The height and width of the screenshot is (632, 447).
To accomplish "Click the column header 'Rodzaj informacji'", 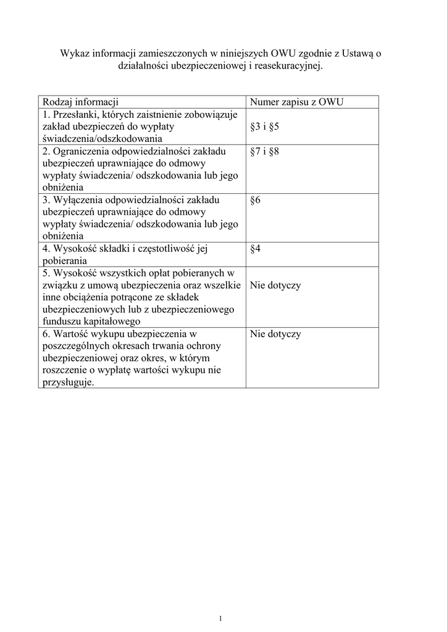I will click(80, 102).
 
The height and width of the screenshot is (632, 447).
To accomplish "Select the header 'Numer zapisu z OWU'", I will click(296, 102).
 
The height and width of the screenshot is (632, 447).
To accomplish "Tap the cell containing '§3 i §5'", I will click(265, 127).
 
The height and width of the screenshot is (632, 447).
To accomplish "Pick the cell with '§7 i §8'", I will click(265, 151).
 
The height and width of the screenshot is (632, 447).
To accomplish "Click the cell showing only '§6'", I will click(256, 200).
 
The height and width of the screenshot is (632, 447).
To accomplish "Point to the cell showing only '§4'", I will click(256, 249).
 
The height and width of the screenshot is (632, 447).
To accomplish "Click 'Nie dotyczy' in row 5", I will click(275, 285).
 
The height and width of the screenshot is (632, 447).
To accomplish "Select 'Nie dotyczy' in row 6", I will click(275, 334).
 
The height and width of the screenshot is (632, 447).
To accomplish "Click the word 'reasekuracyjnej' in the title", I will click(290, 65).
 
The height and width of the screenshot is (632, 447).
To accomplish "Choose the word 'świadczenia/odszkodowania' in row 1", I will click(101, 139).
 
